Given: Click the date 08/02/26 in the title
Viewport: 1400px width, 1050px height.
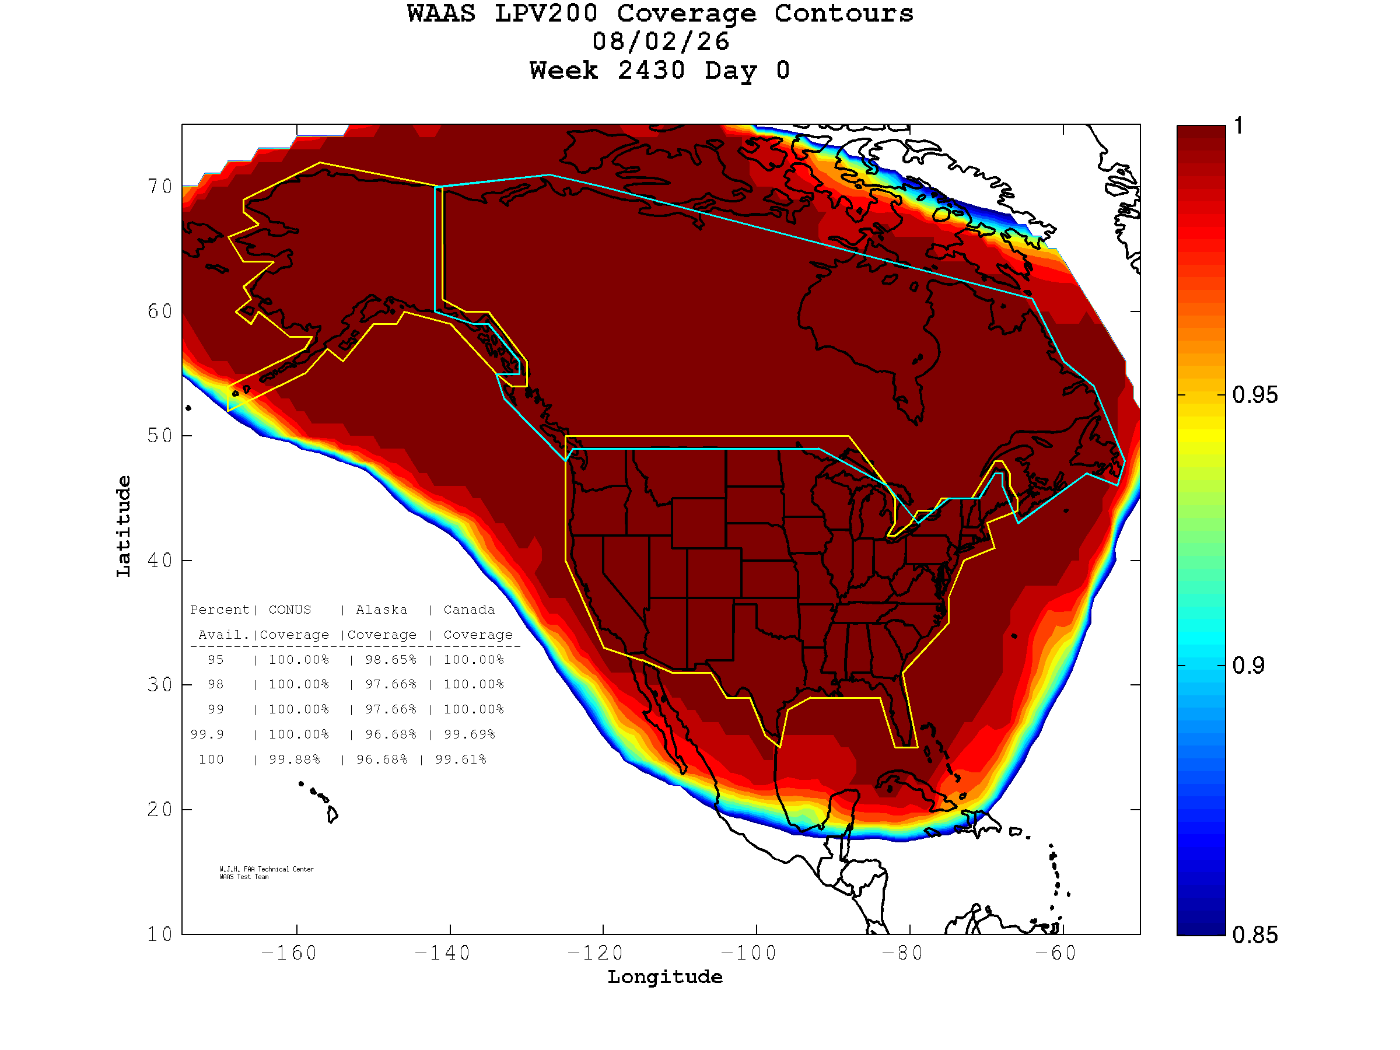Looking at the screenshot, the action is pos(661,42).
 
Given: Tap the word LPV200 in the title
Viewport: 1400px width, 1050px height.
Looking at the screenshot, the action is pos(546,13).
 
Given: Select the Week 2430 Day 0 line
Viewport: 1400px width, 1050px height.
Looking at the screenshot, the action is pos(660,70).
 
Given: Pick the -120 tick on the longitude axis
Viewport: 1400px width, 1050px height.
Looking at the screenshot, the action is pos(595,953).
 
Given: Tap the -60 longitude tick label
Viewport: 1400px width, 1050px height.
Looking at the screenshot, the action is pos(1056,953).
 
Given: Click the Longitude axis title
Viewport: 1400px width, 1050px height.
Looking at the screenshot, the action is pos(665,978).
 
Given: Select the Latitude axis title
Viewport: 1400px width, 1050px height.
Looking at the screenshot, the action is pos(124,526).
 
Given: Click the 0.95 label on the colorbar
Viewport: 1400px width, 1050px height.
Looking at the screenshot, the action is pos(1254,395).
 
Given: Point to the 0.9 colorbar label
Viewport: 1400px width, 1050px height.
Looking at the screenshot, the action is pos(1248,666).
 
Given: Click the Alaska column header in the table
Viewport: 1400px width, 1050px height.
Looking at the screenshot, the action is pos(381,610).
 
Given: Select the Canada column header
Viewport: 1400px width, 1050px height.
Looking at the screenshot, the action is pos(469,610).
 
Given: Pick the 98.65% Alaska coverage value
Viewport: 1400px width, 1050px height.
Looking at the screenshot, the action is pos(390,660).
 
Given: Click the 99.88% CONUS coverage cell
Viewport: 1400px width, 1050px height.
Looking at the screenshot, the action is pos(295,759).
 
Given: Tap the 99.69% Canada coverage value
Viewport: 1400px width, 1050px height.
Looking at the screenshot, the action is pos(469,734).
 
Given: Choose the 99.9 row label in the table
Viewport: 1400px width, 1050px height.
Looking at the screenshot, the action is pos(207,734).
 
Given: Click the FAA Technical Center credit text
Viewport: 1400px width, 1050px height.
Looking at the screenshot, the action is pos(267,869).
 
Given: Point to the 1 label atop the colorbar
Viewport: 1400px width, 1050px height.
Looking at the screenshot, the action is pos(1238,125).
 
